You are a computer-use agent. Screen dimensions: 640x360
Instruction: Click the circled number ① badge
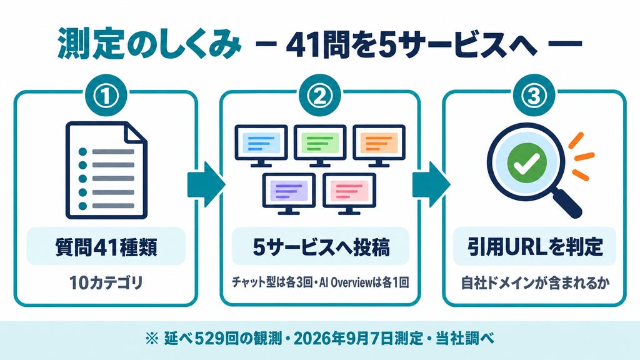106,96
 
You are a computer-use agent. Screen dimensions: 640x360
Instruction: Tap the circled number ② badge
319,96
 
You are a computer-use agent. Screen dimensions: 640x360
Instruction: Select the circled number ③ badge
534,96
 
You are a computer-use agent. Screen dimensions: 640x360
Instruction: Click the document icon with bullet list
106,170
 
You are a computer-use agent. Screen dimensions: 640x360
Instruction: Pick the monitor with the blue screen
261,146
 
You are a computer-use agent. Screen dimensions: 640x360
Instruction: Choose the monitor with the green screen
320,146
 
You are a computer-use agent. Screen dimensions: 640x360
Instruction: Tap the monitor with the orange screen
379,146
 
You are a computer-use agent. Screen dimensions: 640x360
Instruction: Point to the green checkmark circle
526,163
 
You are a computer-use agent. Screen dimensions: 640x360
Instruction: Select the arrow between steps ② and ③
431,184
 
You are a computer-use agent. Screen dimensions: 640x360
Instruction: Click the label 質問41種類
106,247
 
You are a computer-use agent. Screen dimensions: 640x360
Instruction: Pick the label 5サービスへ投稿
321,247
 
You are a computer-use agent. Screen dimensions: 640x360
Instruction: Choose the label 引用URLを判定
535,246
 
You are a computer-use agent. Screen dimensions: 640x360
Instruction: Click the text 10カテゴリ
106,282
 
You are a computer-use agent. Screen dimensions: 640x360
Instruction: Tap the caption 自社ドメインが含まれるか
535,282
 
